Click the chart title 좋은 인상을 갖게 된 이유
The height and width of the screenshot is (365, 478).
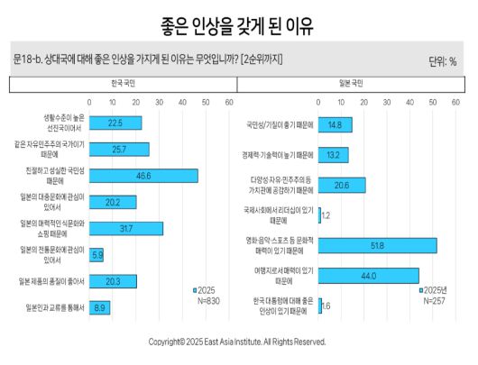[x=238, y=25]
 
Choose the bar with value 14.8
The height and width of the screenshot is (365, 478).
[x=336, y=124]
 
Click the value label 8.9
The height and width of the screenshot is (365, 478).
[x=102, y=307]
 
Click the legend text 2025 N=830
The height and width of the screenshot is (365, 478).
[x=207, y=295]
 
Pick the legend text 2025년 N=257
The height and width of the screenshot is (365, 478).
[x=436, y=295]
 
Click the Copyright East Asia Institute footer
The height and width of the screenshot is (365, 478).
[x=238, y=342]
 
